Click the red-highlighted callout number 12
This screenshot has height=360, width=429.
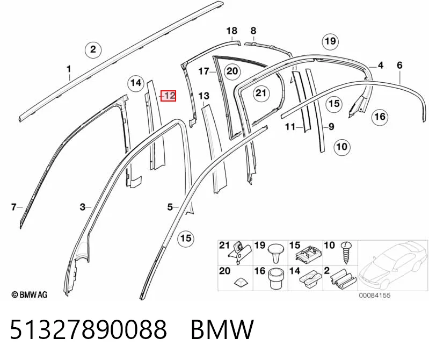[168, 96]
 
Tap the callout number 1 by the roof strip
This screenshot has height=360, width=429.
[69, 69]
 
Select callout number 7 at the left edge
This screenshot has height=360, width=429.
[13, 207]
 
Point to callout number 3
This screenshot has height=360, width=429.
[82, 207]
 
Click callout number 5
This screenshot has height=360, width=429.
[170, 207]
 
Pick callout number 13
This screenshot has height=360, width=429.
[204, 96]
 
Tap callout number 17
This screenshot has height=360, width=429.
[204, 71]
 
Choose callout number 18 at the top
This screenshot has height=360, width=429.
[231, 31]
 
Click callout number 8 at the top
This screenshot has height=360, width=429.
[253, 31]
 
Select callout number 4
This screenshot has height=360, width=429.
[380, 65]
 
